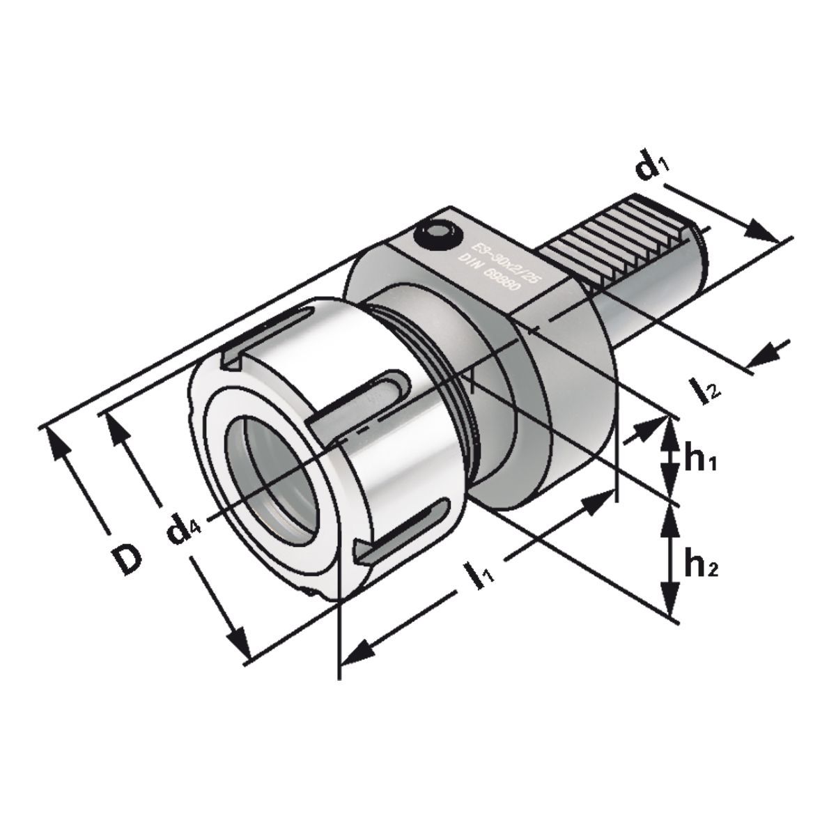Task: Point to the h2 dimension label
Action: pyautogui.click(x=700, y=565)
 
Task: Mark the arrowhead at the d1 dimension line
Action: pyautogui.click(x=764, y=232)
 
